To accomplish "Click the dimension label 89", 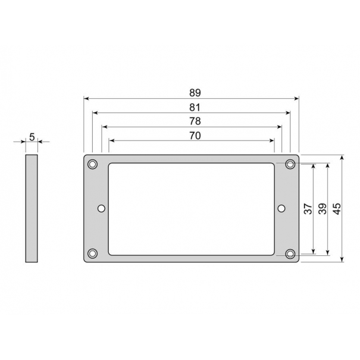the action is pyautogui.click(x=195, y=93).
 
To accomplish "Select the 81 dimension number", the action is pyautogui.click(x=195, y=107).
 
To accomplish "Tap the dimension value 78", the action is pyautogui.click(x=195, y=121).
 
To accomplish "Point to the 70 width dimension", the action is pyautogui.click(x=195, y=136).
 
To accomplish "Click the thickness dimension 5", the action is pyautogui.click(x=32, y=137).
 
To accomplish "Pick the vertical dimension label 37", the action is pyautogui.click(x=308, y=209).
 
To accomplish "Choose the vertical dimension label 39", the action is pyautogui.click(x=323, y=209).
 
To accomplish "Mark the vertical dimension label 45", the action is pyautogui.click(x=337, y=209).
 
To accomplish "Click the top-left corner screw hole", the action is pyautogui.click(x=93, y=164).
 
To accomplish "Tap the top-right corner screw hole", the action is pyautogui.click(x=290, y=164).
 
